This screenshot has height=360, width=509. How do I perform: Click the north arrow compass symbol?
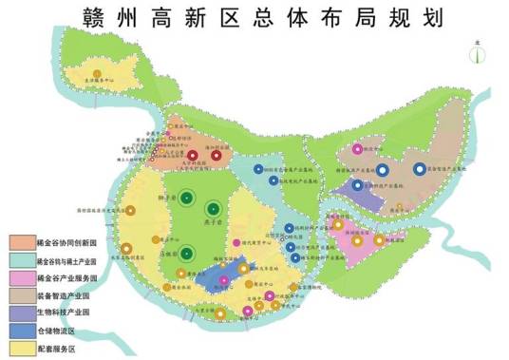point(474,53)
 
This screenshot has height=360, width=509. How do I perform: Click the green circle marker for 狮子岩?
point(187,199)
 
